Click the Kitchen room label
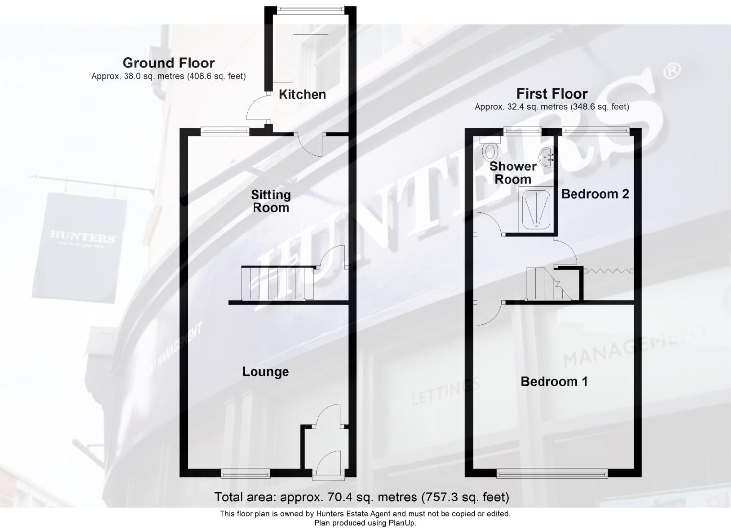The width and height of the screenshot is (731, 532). tap(302, 94)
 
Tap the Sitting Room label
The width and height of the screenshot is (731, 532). tap(271, 201)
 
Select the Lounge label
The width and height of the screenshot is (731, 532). tap(265, 371)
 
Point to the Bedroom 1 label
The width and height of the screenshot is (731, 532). tap(554, 381)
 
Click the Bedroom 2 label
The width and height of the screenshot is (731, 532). tap(595, 194)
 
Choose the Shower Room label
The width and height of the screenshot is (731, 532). tap(512, 173)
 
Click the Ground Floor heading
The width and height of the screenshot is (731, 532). tap(168, 63)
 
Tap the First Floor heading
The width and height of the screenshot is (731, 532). tap(551, 94)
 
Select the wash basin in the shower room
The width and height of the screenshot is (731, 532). tap(547, 156)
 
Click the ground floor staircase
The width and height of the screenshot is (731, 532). tap(277, 283)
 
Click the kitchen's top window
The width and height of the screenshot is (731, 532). tap(310, 8)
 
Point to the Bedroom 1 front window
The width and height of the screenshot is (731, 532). tap(552, 474)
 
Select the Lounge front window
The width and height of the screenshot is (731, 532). tap(245, 474)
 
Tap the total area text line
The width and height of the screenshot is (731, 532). tap(361, 497)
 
